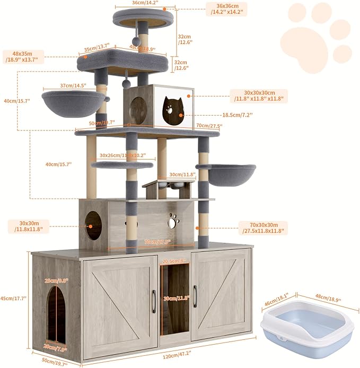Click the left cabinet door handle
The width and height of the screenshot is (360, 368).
[153, 296]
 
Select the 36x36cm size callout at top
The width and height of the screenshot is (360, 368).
[225, 8]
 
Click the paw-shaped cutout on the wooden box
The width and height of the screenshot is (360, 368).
[173, 218]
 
